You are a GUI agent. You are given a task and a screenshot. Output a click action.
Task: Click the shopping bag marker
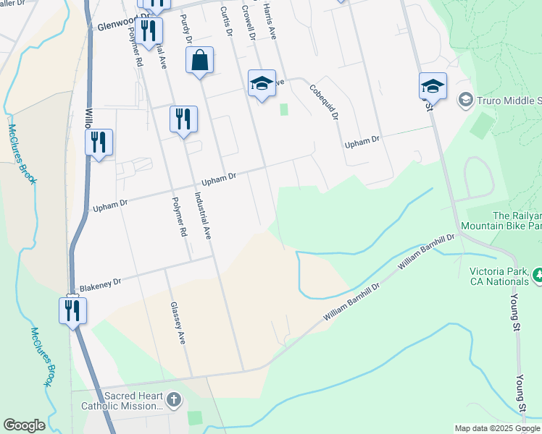coord(200,61)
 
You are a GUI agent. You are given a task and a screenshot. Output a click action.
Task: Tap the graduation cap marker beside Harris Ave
coord(262,83)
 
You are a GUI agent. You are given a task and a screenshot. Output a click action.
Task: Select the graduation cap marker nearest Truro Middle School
coord(433,86)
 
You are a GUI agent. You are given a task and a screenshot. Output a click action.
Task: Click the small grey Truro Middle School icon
coord(465,100)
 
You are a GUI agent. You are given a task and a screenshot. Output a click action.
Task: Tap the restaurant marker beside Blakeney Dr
coord(72,311)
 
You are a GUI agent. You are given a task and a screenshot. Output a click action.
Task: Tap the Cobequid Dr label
coord(323,101)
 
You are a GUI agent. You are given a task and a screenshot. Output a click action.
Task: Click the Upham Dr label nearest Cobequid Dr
coord(362,144)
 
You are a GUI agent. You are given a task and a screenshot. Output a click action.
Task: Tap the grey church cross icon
coord(173,399)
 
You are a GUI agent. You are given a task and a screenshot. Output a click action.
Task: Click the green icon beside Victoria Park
coord(537,275)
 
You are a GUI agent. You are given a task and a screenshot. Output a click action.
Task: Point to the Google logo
coord(24,425)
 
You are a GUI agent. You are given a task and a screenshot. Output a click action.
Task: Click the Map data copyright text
coord(498,428)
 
